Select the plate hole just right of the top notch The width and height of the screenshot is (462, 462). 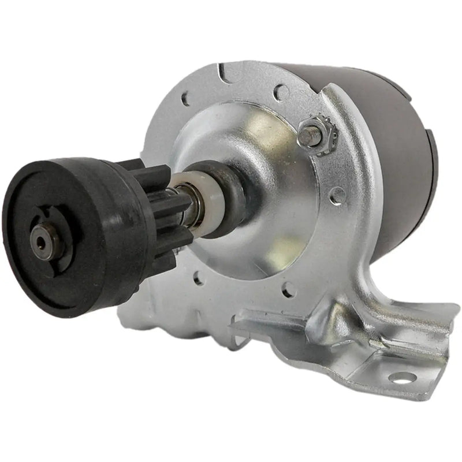click(281, 91)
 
